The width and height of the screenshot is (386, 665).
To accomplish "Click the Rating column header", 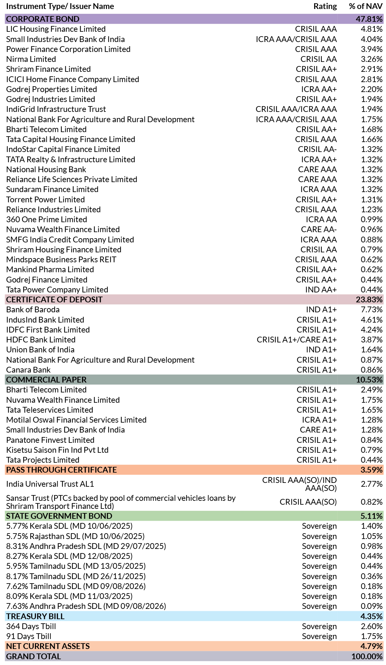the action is (325, 6).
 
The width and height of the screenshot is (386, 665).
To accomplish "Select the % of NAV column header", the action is (366, 6).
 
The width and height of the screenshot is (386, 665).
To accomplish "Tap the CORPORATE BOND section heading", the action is (43, 19).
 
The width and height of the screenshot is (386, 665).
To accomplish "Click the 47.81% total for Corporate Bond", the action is (369, 19).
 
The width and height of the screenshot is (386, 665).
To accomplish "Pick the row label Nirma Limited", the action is (31, 59).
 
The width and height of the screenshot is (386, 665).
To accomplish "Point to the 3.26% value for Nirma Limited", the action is (372, 59).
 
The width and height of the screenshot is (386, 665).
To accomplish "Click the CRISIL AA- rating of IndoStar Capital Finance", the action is (317, 149).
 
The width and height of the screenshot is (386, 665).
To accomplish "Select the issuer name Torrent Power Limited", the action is (46, 199).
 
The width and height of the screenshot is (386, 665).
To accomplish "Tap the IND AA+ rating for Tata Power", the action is (321, 290).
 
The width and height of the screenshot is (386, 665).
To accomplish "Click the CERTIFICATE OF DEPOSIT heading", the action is (55, 299).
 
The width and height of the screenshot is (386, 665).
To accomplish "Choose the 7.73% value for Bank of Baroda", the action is (372, 309).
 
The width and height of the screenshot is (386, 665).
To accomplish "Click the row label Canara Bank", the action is (28, 370).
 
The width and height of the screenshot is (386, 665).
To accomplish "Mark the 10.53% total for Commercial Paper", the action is (369, 380).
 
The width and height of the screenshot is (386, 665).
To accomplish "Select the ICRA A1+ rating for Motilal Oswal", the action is (319, 420).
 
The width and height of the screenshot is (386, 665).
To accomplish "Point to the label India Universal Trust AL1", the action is (50, 484).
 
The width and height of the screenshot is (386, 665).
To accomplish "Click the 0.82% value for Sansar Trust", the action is (372, 502).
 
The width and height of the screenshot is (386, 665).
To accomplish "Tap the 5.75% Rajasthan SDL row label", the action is (75, 536).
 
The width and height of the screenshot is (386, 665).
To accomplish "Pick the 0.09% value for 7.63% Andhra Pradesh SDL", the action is (372, 606).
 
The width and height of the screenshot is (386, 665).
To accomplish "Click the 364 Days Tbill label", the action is (31, 626).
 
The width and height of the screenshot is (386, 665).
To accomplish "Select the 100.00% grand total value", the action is (367, 656).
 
